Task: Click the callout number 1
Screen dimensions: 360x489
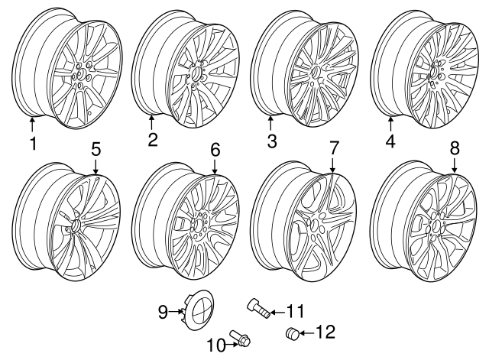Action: coord(33,144)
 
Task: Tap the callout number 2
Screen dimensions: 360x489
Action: coord(153,139)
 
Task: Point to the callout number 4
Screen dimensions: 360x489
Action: coord(390,141)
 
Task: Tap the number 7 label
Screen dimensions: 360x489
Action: coord(333,148)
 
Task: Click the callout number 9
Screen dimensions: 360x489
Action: coord(162,310)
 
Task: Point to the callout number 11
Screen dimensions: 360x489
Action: coord(296,311)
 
